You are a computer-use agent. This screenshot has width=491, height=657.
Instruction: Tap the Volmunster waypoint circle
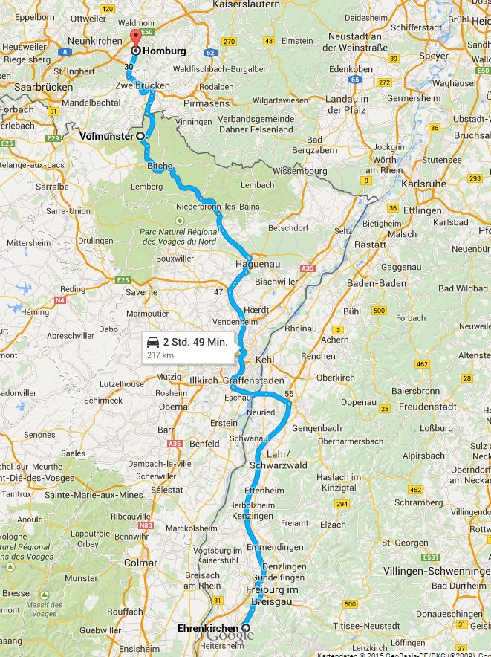pyautogui.click(x=140, y=136)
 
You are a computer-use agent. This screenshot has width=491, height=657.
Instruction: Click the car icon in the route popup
pyautogui.click(x=153, y=343)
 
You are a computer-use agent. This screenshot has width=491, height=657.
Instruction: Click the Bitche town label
pyautogui.click(x=160, y=166)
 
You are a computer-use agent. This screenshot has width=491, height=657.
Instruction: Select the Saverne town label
pyautogui.click(x=142, y=292)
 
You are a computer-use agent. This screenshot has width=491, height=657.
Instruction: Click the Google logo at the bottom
pyautogui.click(x=230, y=636)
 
